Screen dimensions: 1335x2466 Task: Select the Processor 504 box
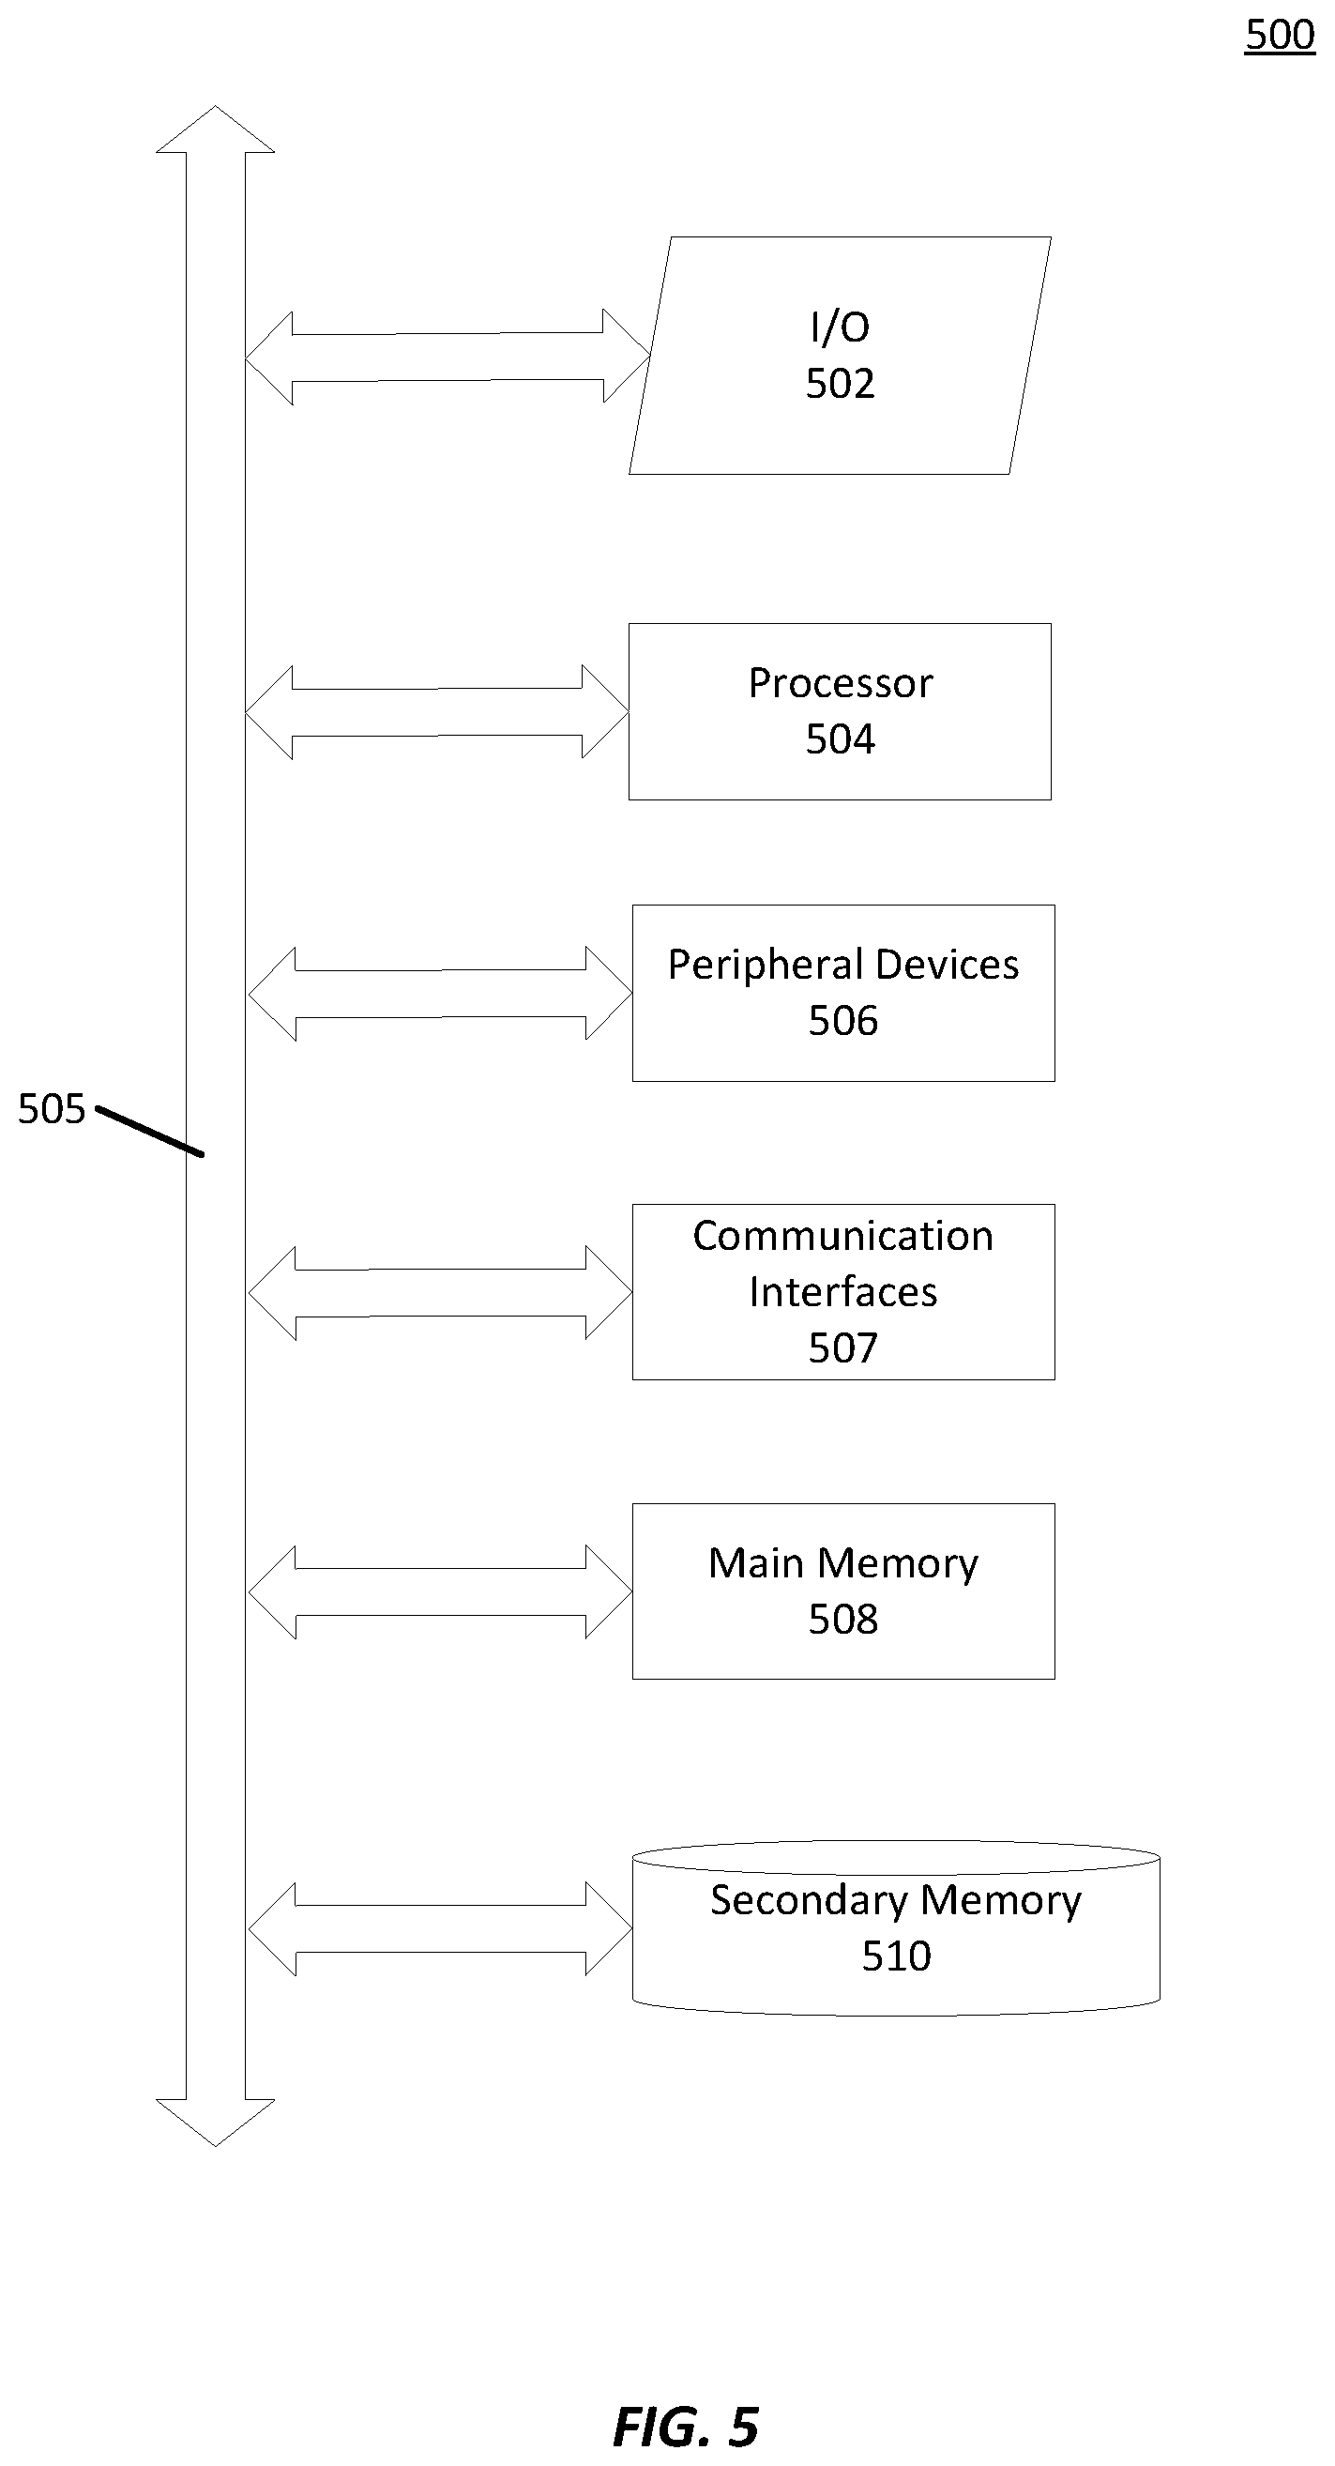(840, 711)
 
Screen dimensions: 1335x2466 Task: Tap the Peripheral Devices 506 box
(843, 993)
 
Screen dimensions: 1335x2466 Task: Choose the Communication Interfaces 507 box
(843, 1291)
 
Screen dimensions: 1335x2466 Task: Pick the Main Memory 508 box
(843, 1591)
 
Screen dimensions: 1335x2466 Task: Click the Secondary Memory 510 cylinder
(896, 1928)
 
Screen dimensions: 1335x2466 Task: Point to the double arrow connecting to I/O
(448, 358)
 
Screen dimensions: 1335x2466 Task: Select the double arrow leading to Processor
(437, 712)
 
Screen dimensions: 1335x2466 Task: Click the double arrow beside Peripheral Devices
(440, 994)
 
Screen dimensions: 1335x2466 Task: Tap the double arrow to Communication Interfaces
(440, 1292)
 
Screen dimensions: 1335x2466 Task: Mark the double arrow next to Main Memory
(440, 1592)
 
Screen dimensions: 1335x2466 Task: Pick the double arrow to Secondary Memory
(440, 1929)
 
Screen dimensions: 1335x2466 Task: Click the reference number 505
(52, 1108)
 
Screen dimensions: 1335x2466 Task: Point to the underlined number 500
(1280, 36)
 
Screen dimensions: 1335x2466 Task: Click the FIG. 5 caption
(685, 2428)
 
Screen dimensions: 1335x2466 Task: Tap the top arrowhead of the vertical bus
(216, 129)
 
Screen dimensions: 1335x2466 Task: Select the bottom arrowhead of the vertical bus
(216, 2123)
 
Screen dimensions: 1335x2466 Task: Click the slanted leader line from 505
(149, 1133)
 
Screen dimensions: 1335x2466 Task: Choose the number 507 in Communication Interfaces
(843, 1347)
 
